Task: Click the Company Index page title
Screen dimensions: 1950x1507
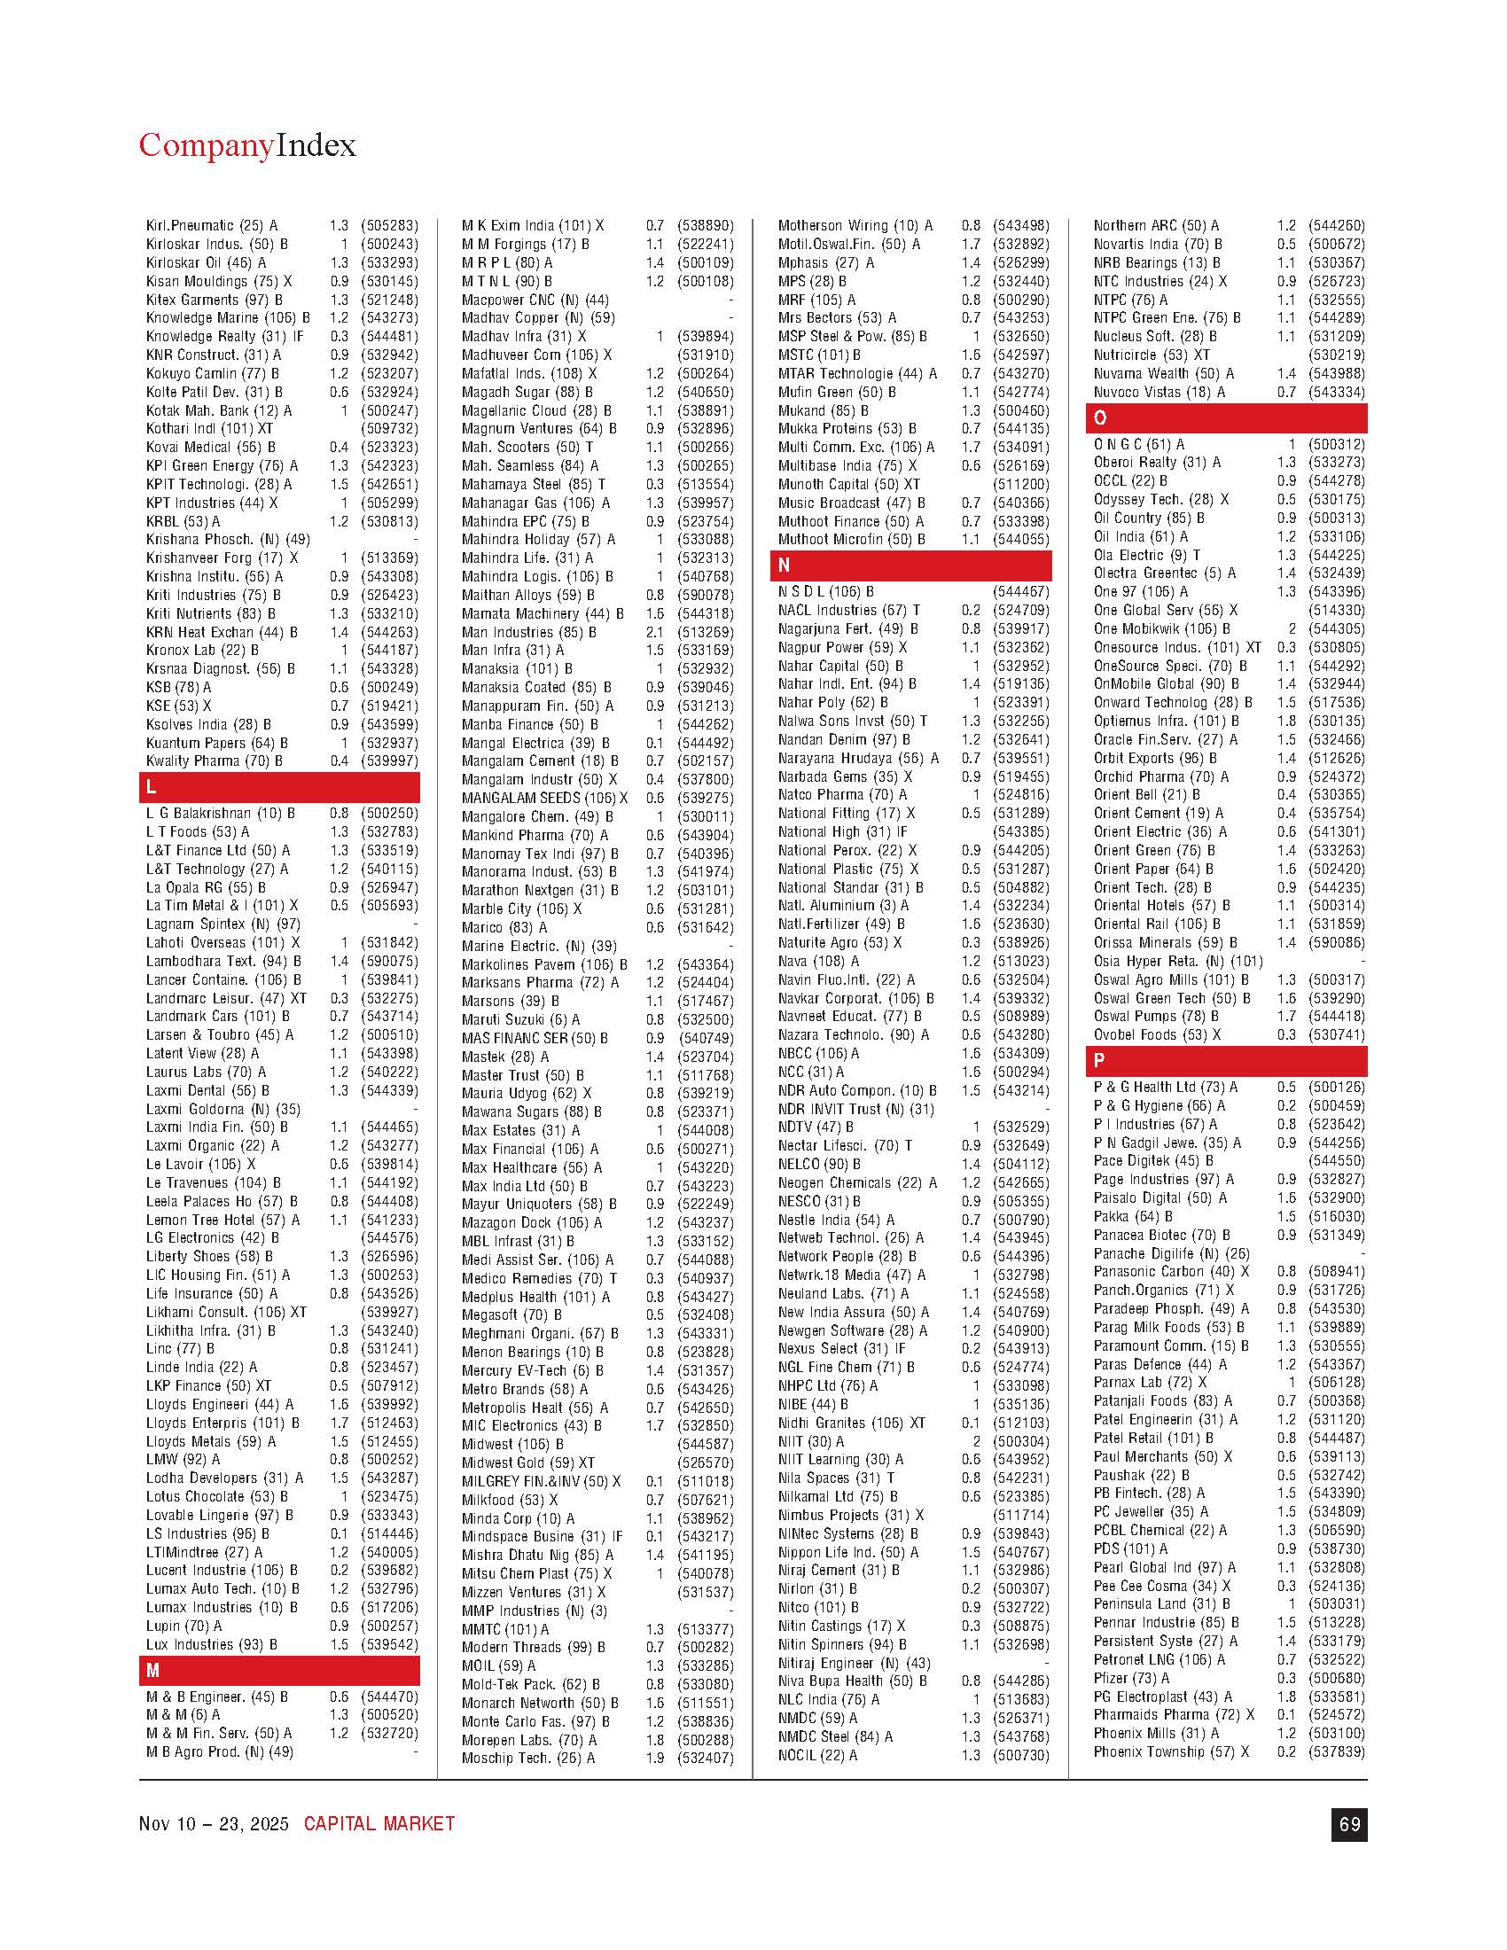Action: (x=246, y=144)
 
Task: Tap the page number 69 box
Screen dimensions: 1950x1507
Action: (x=1348, y=1824)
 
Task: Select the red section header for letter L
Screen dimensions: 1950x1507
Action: (x=278, y=786)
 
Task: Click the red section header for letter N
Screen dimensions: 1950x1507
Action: (x=910, y=565)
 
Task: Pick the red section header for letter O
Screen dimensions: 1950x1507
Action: (x=1226, y=417)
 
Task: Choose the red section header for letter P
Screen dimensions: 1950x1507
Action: (x=1226, y=1061)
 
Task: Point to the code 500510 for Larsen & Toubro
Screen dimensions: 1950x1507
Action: (x=389, y=1034)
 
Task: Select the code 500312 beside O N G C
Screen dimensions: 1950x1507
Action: (x=1337, y=444)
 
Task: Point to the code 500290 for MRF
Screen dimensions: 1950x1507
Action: (x=1021, y=300)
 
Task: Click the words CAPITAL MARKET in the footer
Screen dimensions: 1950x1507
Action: (x=379, y=1824)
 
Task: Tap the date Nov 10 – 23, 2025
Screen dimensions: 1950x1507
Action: (x=214, y=1824)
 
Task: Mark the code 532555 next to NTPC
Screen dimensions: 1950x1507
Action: (x=1337, y=300)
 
